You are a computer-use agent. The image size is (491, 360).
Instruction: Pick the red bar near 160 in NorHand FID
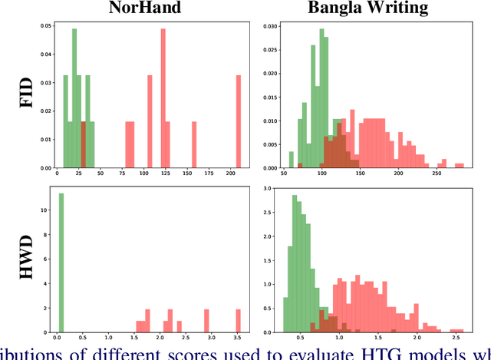194,145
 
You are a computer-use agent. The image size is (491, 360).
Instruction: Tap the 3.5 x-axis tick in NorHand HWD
238,339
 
